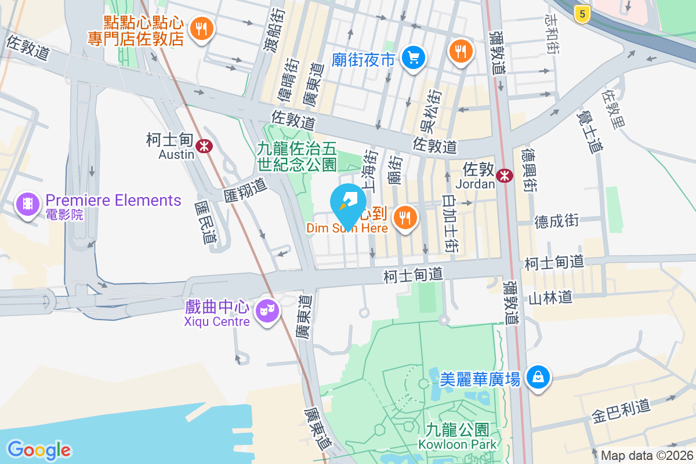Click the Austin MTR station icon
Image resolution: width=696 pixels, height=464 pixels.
tap(203, 146)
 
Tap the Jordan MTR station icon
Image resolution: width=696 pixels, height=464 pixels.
tap(505, 175)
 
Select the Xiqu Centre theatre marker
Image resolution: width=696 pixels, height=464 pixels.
tap(267, 311)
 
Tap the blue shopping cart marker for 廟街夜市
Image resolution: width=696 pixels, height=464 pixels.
tap(414, 57)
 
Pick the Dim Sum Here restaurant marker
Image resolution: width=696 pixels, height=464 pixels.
tap(405, 218)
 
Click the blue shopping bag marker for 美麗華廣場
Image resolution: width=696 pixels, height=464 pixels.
tap(539, 378)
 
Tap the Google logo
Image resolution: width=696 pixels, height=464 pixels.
tap(39, 449)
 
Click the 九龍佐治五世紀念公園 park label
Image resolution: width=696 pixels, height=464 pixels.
tap(298, 157)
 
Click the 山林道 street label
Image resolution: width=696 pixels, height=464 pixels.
tap(550, 298)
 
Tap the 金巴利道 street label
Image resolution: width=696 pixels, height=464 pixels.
tap(621, 410)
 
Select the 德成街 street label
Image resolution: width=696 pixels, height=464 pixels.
tap(557, 221)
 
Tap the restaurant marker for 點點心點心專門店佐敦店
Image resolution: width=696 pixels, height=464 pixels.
tap(202, 28)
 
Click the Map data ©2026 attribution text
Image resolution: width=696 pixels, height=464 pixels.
tap(647, 456)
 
